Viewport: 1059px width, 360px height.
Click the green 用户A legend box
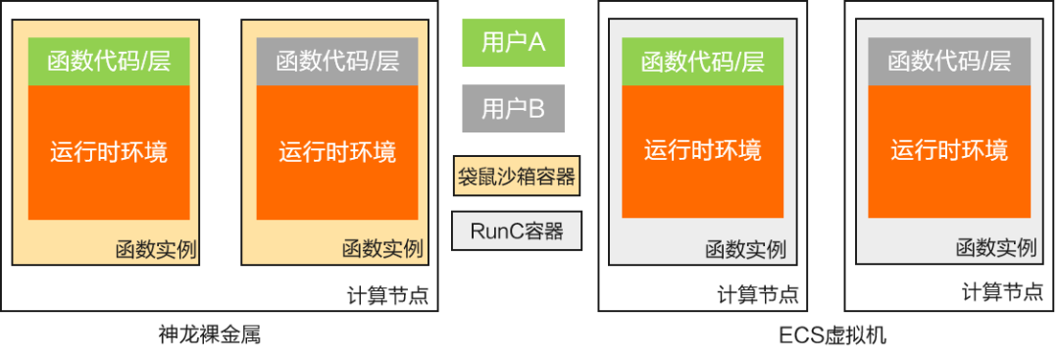coord(513,42)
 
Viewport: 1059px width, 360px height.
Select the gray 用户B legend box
coord(513,109)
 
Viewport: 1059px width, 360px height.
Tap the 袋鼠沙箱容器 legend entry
coord(516,178)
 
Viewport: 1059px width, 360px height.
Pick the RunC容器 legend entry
coord(516,231)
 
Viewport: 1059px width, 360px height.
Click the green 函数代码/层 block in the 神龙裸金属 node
coord(108,62)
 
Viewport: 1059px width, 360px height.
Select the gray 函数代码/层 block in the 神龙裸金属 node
coord(337,62)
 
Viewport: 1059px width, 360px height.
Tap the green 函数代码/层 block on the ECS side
coord(702,62)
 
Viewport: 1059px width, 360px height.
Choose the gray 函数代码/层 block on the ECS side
coord(949,62)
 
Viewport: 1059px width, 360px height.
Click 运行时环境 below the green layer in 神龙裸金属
coord(108,152)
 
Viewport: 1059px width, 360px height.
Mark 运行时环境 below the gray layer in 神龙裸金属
coord(337,152)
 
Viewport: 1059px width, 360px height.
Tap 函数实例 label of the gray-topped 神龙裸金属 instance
coord(382,249)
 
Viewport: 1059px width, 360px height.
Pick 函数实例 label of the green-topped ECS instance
coord(745,249)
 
